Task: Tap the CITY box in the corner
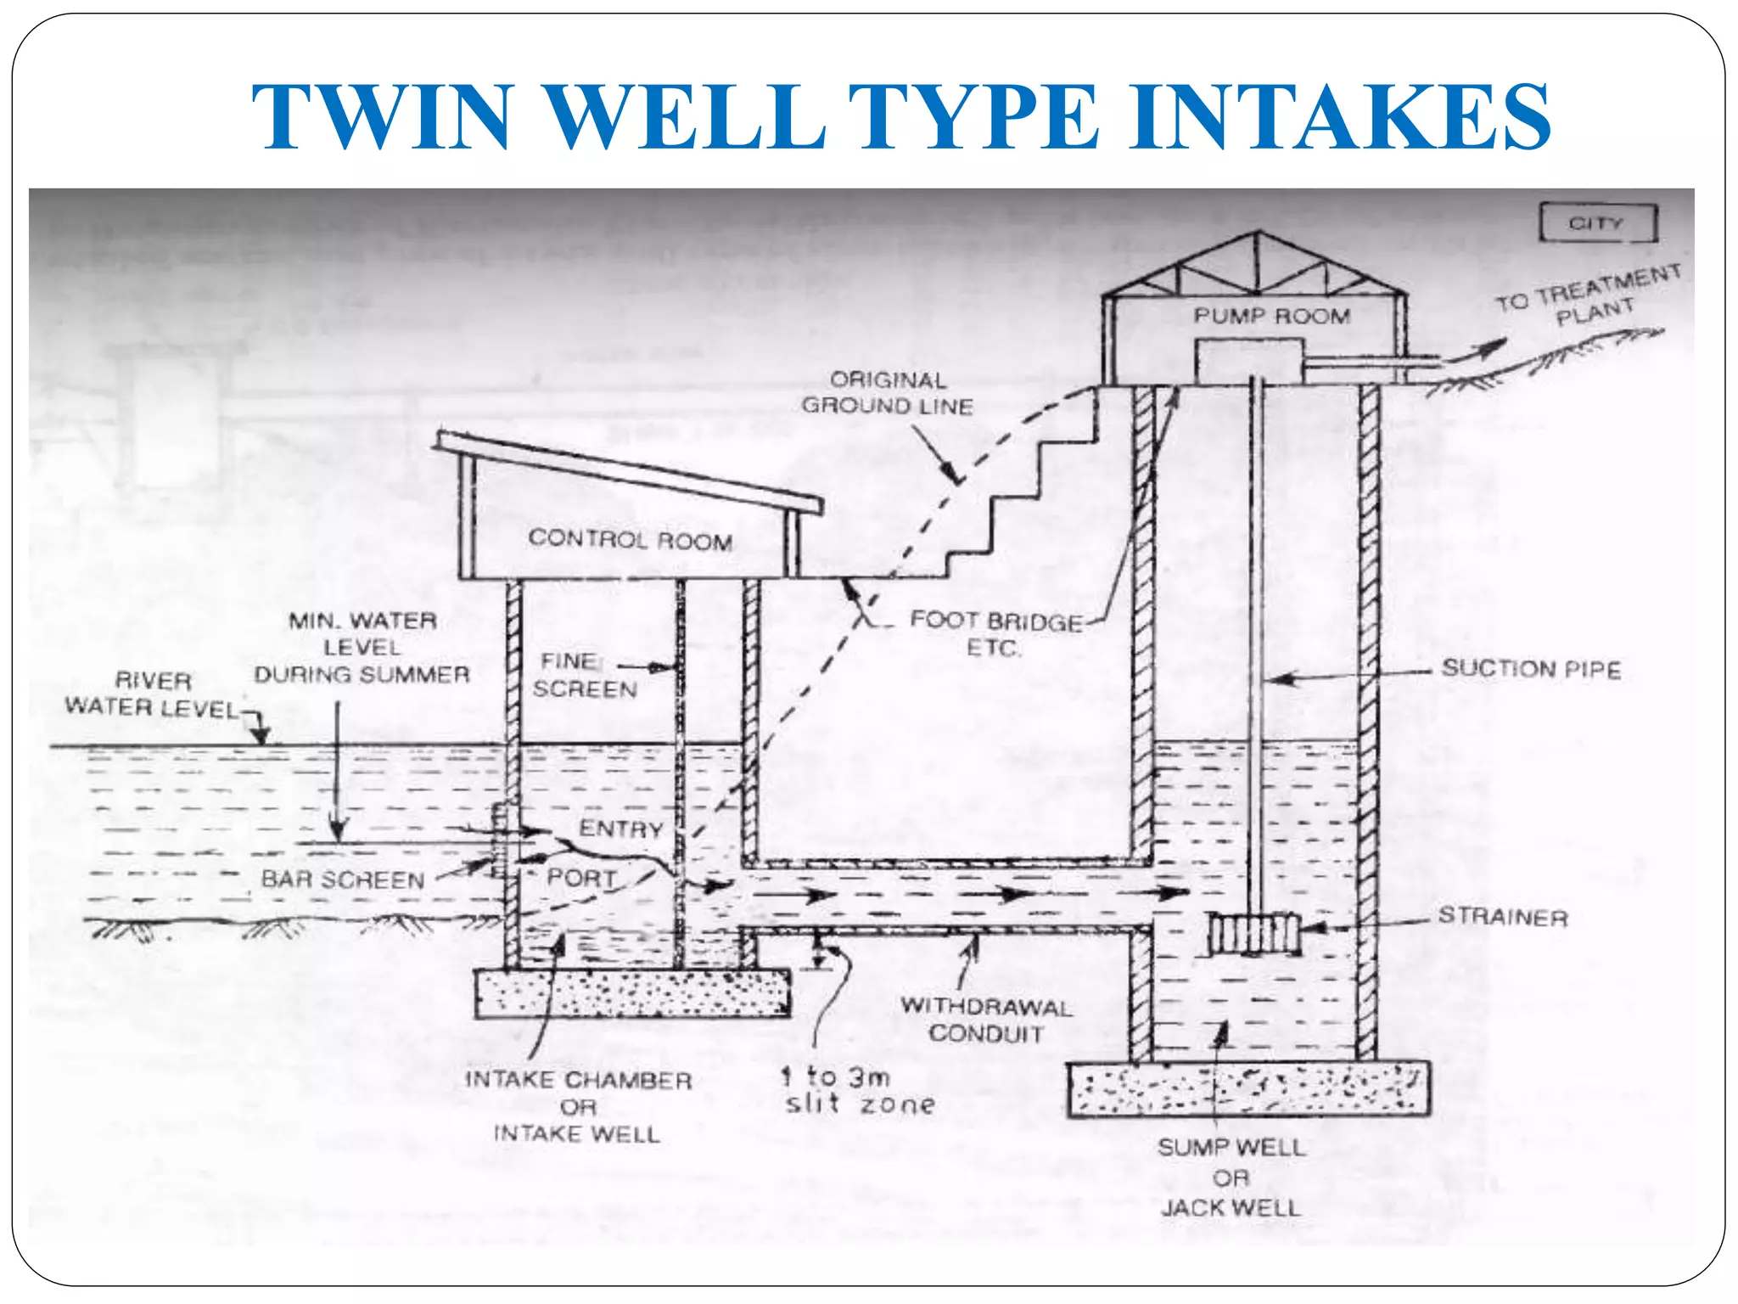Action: tap(1597, 223)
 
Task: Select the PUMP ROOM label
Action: tap(1271, 316)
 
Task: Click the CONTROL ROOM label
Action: tap(630, 539)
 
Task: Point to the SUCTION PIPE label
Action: tap(1531, 669)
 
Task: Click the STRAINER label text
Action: tap(1503, 917)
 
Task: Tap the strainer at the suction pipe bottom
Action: tap(1253, 934)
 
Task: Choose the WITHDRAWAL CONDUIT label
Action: tap(986, 1020)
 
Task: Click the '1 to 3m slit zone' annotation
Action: tap(857, 1091)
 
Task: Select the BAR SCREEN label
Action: tap(343, 880)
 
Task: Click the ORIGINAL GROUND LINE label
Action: tap(888, 392)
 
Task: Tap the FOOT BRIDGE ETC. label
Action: tap(995, 634)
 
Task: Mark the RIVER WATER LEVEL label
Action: tap(153, 694)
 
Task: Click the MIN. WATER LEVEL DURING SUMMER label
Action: tap(362, 648)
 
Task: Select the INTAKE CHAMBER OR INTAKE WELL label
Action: tap(578, 1107)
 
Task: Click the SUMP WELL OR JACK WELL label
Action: tap(1231, 1178)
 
